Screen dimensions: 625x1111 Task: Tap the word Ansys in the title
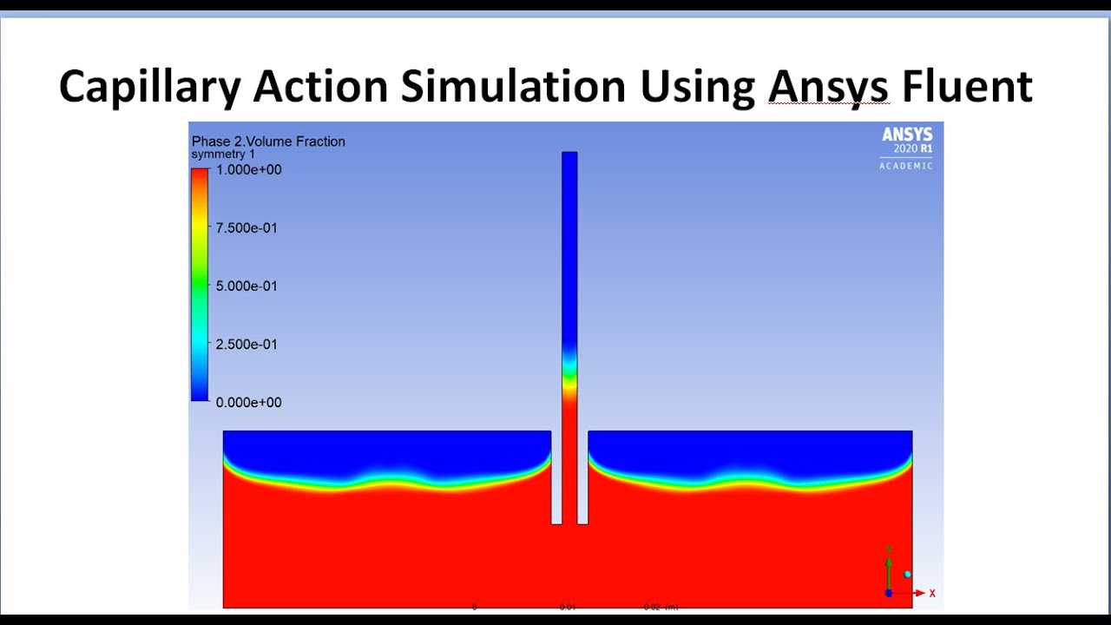coord(828,88)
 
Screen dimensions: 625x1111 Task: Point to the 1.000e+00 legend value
coord(248,170)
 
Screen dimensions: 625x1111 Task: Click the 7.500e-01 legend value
coord(247,228)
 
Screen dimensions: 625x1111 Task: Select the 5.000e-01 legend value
coord(247,286)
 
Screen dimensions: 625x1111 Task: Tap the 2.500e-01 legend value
coord(247,345)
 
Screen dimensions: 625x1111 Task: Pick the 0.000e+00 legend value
coord(248,403)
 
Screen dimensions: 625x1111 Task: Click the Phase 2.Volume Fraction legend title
coord(268,141)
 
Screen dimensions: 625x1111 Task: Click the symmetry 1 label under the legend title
coord(223,155)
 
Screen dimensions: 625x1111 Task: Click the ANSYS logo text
coord(907,135)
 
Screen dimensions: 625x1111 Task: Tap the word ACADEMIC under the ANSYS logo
coord(906,166)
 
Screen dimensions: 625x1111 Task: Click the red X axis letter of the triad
coord(932,594)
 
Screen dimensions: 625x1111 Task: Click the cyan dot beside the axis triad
coord(908,575)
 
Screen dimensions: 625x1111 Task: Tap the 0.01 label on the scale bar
coord(568,608)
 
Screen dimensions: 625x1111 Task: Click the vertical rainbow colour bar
coord(200,285)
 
